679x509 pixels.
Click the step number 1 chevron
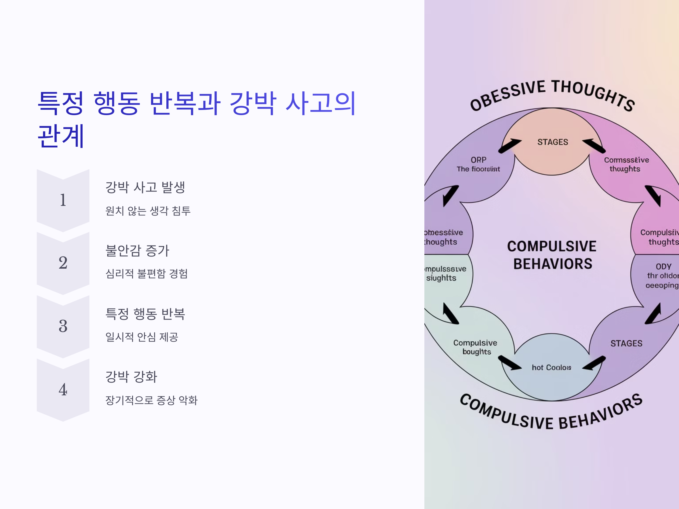point(63,200)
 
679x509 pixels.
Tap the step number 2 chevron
point(63,263)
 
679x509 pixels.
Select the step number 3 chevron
point(63,326)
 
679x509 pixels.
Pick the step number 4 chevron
point(63,390)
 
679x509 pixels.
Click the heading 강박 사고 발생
point(145,187)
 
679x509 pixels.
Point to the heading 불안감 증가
point(137,250)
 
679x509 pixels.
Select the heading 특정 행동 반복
point(145,314)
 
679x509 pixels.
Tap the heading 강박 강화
point(131,377)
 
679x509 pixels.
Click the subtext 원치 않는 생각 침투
point(148,211)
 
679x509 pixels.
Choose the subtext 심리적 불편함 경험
point(147,274)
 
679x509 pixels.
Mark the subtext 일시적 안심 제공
point(142,337)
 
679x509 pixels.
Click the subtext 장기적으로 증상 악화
point(151,400)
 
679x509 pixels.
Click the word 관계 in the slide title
point(61,136)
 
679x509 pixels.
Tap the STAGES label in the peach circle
point(553,142)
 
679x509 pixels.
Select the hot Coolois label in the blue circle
point(551,368)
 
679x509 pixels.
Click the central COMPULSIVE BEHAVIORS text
point(552,255)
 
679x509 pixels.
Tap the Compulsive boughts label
point(476,347)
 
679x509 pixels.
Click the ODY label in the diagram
point(664,266)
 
